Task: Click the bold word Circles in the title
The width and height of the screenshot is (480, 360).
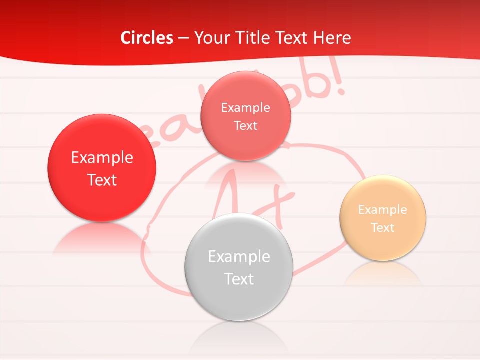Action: coord(146,38)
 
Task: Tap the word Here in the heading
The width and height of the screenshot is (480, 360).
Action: coord(332,38)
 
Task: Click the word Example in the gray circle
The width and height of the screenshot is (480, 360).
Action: coord(239,257)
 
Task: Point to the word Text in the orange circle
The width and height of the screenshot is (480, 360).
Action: coord(383,228)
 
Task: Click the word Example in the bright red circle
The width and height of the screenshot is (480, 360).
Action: coord(102,158)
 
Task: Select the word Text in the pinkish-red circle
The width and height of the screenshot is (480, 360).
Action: coord(245,126)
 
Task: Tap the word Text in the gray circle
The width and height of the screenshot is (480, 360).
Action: coord(239,279)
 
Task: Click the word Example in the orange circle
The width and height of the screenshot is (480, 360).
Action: coord(383,210)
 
